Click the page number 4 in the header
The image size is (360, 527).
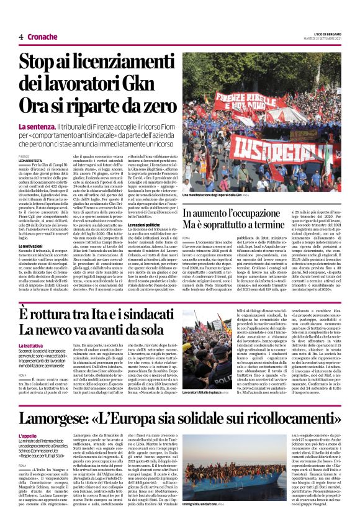21,37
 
